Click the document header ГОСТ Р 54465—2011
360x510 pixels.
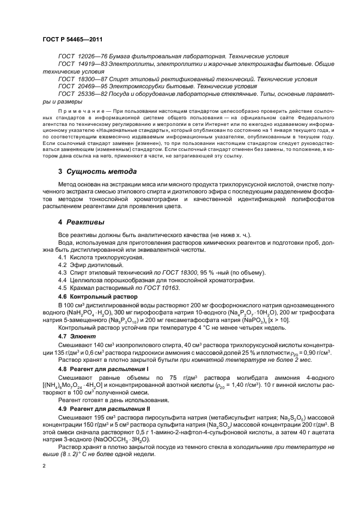72,40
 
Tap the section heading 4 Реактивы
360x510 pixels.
82,222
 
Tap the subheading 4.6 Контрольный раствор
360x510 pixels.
97,295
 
